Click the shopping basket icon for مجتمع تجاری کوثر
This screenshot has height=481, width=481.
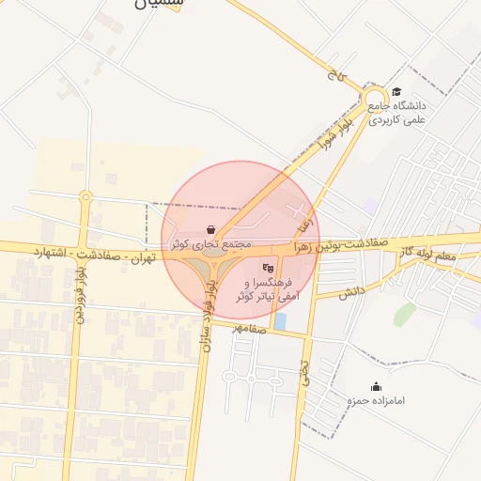coord(212,228)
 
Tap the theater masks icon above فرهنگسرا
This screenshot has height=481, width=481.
coord(271,268)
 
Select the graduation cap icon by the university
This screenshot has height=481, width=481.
coord(396,92)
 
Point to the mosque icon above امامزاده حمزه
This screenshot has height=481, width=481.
coord(376,386)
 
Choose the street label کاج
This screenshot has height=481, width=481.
coord(334,73)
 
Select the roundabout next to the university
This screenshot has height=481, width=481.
coord(375,98)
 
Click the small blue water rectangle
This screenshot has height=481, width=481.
coord(281,321)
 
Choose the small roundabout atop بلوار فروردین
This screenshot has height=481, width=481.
coord(85,197)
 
